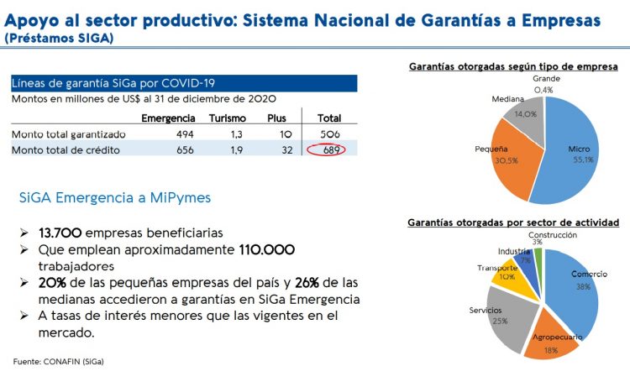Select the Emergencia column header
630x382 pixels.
pos(169,118)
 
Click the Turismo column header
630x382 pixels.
pos(227,118)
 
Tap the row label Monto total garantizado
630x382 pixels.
pos(69,134)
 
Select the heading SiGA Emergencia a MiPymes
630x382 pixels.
pos(114,197)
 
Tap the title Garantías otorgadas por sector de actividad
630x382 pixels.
pos(513,222)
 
